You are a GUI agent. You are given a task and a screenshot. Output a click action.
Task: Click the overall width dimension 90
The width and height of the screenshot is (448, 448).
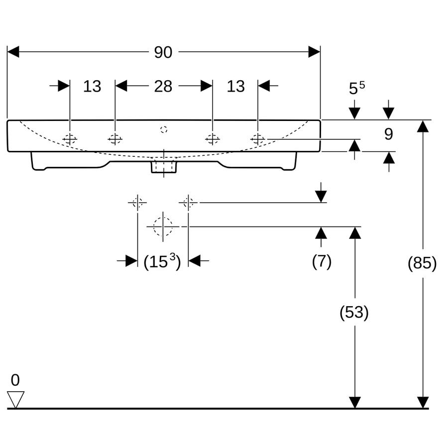(163, 52)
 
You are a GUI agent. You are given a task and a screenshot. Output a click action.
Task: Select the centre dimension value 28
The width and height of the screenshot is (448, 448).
(163, 86)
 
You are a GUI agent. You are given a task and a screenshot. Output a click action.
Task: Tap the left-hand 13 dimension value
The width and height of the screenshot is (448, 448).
(92, 86)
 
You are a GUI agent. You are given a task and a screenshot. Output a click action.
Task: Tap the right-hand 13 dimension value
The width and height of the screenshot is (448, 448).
(236, 86)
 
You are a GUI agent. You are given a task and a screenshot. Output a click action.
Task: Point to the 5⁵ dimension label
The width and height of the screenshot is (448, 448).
(357, 88)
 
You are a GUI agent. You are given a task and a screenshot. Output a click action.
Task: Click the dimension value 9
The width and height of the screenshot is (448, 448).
(389, 134)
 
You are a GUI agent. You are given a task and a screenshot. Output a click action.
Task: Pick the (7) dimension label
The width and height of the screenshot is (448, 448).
(322, 261)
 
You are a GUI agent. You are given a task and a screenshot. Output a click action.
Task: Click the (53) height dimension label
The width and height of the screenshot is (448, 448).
(354, 312)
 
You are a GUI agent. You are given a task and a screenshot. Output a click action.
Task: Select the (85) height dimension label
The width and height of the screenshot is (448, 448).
(422, 262)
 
